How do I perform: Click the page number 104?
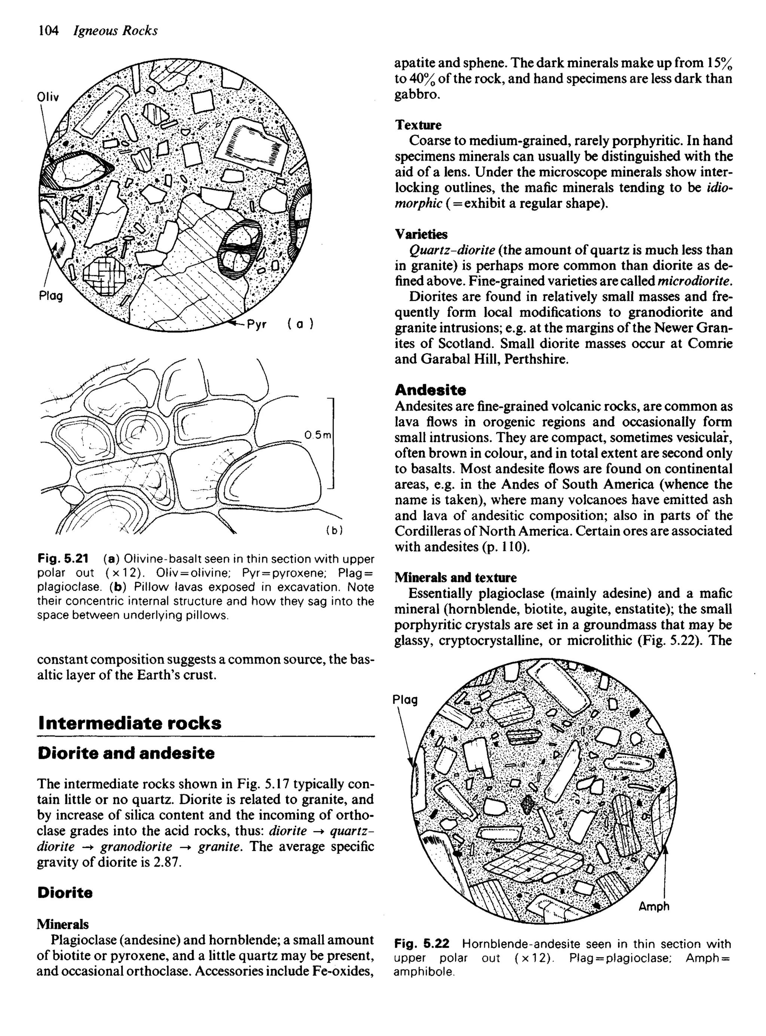48,31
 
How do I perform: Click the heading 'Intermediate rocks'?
130,723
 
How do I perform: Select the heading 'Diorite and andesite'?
126,753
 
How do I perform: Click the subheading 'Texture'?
418,125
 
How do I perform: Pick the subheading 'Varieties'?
421,234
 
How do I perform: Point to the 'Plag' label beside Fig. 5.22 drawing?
405,699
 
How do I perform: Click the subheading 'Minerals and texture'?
455,577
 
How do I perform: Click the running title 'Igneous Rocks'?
116,31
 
